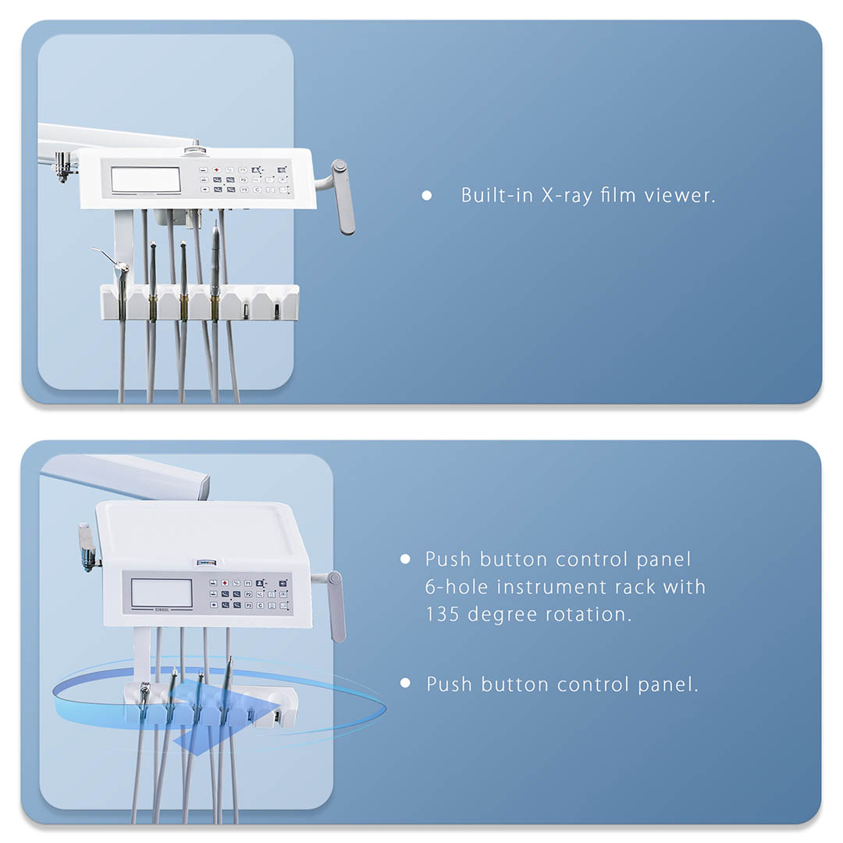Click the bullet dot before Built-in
(x=427, y=196)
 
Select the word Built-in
(x=498, y=194)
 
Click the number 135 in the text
(x=443, y=614)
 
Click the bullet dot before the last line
(x=405, y=683)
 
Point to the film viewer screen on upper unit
(x=146, y=180)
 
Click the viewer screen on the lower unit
(x=162, y=593)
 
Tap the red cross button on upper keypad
(x=217, y=170)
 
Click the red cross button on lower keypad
(x=225, y=583)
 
